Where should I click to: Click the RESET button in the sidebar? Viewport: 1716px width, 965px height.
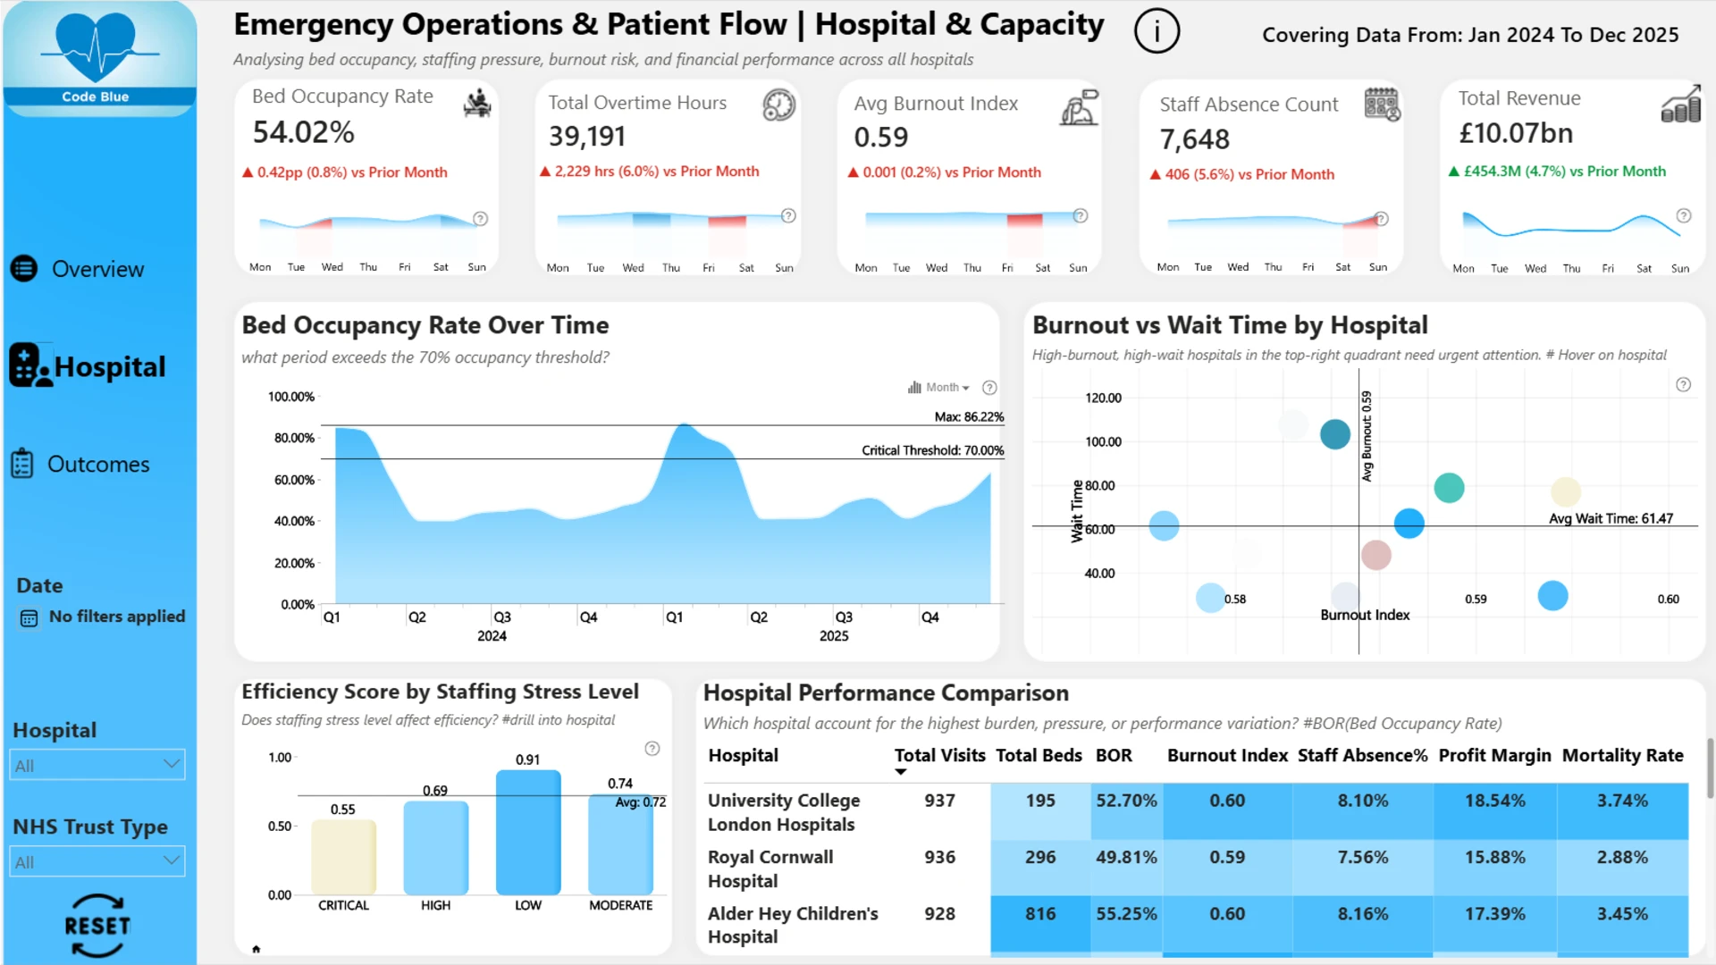(x=97, y=926)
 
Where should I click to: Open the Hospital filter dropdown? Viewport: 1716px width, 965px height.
(x=97, y=765)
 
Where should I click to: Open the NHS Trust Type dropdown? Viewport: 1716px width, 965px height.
(x=97, y=861)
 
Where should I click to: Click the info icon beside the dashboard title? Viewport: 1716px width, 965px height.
(x=1157, y=31)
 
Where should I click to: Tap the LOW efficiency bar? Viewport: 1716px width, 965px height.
(x=528, y=832)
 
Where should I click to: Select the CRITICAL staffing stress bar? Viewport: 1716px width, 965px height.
(x=344, y=857)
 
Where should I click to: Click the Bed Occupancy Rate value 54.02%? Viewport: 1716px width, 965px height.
(x=304, y=132)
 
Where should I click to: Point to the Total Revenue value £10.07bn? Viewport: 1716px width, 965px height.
(x=1516, y=133)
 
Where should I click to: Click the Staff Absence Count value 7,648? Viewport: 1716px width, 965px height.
(x=1195, y=139)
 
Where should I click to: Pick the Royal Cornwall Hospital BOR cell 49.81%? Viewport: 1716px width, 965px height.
(x=1126, y=857)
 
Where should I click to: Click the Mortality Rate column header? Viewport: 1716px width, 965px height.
(x=1622, y=755)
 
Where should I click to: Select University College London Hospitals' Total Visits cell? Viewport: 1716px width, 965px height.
(x=939, y=801)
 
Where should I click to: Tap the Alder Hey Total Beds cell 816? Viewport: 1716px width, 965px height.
(x=1040, y=914)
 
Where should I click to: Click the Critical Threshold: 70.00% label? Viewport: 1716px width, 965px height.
(x=932, y=450)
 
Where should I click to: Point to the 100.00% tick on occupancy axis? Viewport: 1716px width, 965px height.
(x=291, y=397)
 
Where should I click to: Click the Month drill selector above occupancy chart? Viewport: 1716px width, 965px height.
(x=938, y=387)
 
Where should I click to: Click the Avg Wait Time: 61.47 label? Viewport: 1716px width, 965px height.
(x=1611, y=518)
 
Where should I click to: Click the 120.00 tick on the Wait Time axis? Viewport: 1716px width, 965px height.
(x=1103, y=398)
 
